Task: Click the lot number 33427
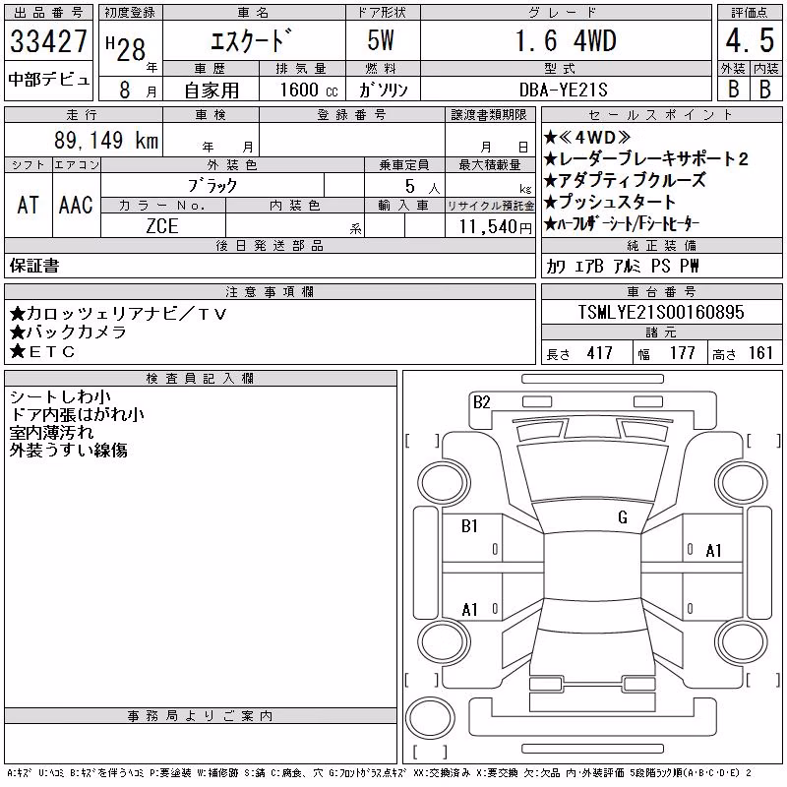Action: click(x=48, y=41)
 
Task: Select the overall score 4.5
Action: click(x=750, y=40)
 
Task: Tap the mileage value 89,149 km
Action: click(x=106, y=140)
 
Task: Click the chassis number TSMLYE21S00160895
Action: click(x=661, y=312)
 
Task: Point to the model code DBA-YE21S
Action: click(x=563, y=90)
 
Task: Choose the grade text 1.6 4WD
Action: click(x=566, y=40)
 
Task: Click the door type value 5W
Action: click(x=381, y=40)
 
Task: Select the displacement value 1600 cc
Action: click(x=309, y=90)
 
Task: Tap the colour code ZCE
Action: click(x=162, y=226)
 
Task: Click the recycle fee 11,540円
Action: click(x=495, y=226)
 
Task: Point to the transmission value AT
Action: click(x=28, y=205)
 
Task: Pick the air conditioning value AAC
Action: click(x=76, y=205)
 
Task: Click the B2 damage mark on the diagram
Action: click(x=481, y=402)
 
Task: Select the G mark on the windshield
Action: click(x=623, y=517)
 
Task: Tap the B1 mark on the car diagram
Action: click(x=469, y=526)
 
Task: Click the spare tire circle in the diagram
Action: click(x=430, y=718)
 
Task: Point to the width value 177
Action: click(x=682, y=353)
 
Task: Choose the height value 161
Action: click(x=760, y=353)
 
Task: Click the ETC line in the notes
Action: click(x=42, y=352)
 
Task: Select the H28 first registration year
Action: click(x=126, y=49)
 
